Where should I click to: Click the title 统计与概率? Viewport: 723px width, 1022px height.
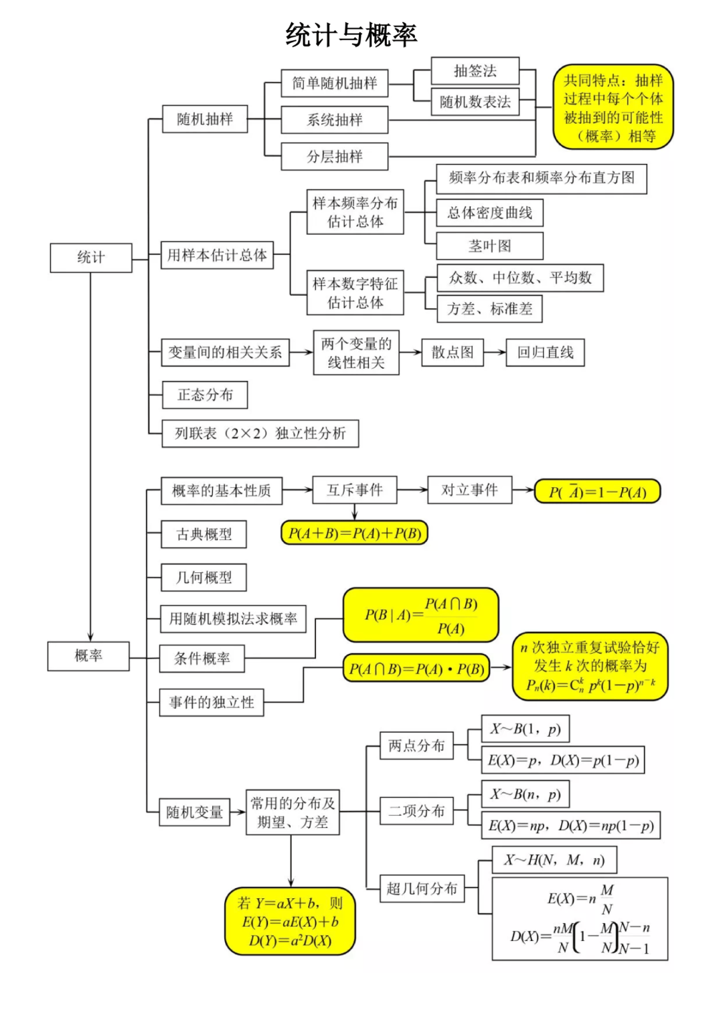click(x=351, y=35)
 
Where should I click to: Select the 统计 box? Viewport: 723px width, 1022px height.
click(x=91, y=258)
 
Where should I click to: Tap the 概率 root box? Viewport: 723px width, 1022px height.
click(x=88, y=656)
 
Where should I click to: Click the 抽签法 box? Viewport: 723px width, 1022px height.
click(x=475, y=71)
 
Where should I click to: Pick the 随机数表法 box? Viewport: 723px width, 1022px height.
click(x=475, y=102)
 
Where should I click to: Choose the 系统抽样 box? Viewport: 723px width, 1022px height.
click(x=334, y=120)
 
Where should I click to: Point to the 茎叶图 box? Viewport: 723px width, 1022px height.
click(x=489, y=246)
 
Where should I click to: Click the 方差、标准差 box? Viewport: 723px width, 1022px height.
click(x=489, y=309)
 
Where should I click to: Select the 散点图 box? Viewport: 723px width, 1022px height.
click(x=453, y=352)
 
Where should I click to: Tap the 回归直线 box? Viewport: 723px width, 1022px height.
click(x=545, y=352)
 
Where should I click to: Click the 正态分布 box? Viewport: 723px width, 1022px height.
click(x=205, y=395)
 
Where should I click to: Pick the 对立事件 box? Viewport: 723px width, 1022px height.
click(x=469, y=490)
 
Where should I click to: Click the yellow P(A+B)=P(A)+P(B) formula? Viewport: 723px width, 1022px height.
click(x=354, y=533)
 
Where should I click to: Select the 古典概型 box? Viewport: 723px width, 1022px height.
click(x=204, y=534)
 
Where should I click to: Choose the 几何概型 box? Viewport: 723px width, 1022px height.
click(x=204, y=577)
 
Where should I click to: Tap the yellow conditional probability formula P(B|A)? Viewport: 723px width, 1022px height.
click(x=421, y=615)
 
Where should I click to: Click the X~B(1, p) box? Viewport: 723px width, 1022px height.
click(x=526, y=729)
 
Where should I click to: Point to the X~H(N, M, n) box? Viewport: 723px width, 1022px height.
click(x=554, y=860)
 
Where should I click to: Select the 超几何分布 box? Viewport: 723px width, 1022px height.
click(x=422, y=889)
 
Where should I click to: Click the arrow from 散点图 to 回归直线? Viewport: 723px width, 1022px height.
click(x=495, y=352)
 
